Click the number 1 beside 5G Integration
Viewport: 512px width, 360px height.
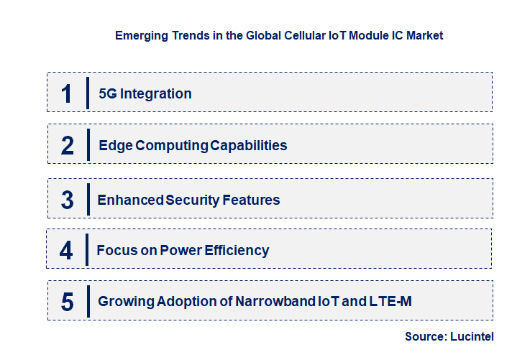coord(67,93)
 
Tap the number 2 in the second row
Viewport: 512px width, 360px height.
coord(68,145)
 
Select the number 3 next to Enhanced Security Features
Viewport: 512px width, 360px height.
coord(67,199)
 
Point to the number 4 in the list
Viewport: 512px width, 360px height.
coord(66,250)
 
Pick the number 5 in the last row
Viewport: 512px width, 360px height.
coord(68,302)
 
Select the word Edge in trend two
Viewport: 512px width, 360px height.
coord(114,145)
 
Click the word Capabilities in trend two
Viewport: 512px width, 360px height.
coord(248,145)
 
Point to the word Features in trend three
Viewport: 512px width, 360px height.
coord(250,200)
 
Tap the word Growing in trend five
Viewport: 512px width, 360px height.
coord(123,302)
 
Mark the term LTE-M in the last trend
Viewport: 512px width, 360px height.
coord(391,302)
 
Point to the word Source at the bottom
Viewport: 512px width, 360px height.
coord(425,336)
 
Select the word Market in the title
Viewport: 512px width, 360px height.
coord(424,35)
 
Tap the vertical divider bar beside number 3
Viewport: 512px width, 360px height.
coord(87,199)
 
